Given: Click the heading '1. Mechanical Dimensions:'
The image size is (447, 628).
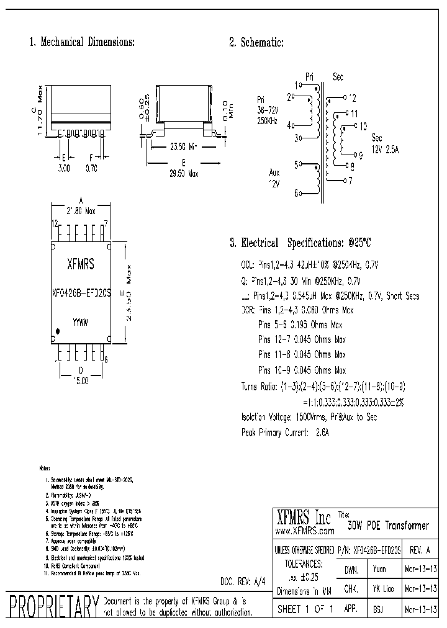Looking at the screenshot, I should click(x=83, y=42).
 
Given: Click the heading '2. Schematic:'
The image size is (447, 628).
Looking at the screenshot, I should click(x=256, y=42).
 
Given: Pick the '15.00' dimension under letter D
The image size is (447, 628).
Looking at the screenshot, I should click(x=80, y=380).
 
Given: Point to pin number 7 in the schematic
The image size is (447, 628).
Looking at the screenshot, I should click(x=350, y=181).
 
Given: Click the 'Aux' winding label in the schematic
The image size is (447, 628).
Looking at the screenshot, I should click(x=274, y=173).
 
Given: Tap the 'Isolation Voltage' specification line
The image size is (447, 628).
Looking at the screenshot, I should click(x=309, y=417).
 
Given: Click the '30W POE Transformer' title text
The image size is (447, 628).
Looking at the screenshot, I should click(x=388, y=526).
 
